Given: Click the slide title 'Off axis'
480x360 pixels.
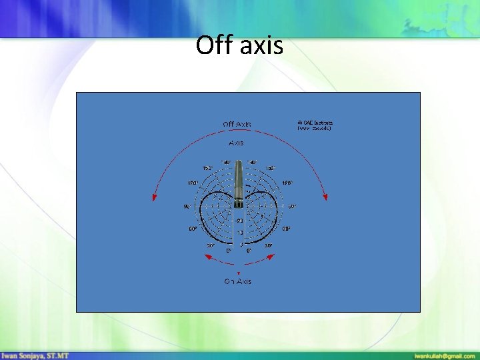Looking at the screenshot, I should pyautogui.click(x=239, y=45).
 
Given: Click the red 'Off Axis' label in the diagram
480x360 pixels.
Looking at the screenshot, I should pyautogui.click(x=237, y=124).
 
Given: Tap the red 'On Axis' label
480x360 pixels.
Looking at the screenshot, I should pyautogui.click(x=237, y=281).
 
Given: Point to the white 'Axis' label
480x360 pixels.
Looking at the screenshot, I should pyautogui.click(x=236, y=143).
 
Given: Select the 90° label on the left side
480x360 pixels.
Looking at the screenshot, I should pyautogui.click(x=187, y=206).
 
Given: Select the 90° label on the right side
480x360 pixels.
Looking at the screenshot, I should pyautogui.click(x=291, y=206).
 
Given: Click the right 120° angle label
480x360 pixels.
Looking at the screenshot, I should pyautogui.click(x=286, y=183).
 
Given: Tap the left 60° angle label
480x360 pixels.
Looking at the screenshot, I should pyautogui.click(x=193, y=229).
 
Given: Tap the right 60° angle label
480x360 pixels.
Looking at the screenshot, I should pyautogui.click(x=285, y=229).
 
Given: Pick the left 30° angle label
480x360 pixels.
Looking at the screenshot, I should pyautogui.click(x=210, y=245).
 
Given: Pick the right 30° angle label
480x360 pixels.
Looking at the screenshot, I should pyautogui.click(x=268, y=245).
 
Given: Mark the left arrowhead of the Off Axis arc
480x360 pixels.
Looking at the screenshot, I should pyautogui.click(x=155, y=197).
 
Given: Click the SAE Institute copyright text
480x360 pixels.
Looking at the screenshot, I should pyautogui.click(x=315, y=125).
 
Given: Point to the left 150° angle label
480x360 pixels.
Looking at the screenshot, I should pyautogui.click(x=207, y=168).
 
